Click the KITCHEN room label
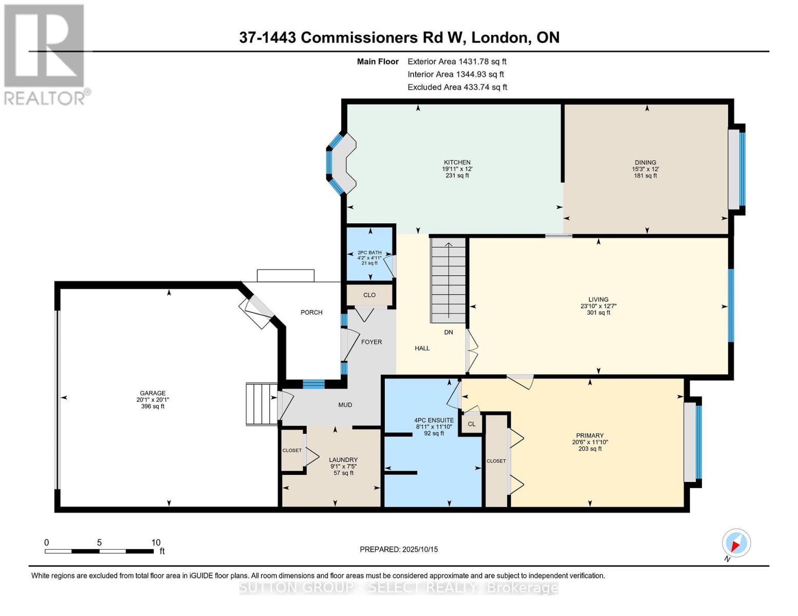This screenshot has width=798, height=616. click(x=457, y=162)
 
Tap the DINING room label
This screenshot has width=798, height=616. click(x=645, y=162)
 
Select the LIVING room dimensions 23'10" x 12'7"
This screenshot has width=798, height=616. click(x=598, y=306)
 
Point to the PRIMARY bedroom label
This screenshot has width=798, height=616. click(x=589, y=435)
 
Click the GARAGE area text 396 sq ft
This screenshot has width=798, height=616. click(x=153, y=407)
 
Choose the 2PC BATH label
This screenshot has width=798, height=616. click(x=369, y=253)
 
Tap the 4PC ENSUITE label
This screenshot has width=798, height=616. click(x=434, y=420)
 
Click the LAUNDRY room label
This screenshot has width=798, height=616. click(x=343, y=460)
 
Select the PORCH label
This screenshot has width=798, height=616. click(x=311, y=312)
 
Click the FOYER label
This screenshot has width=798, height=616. click(x=371, y=342)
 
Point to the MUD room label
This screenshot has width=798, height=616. click(x=345, y=405)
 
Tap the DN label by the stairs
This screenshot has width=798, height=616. click(x=449, y=332)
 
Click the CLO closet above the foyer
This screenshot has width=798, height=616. click(x=369, y=295)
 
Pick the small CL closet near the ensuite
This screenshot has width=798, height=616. click(x=471, y=424)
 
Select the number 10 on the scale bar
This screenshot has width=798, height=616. click(x=156, y=542)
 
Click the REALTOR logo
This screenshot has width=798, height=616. click(x=45, y=54)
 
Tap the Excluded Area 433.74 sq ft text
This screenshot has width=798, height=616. click(x=457, y=87)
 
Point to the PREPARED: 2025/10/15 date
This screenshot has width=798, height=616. click(x=399, y=549)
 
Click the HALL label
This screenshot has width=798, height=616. click(x=422, y=348)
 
